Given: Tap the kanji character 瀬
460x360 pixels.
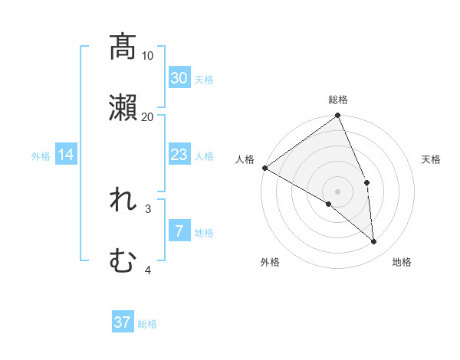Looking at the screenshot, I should [x=123, y=108].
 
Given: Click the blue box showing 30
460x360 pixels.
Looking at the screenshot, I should [x=179, y=78].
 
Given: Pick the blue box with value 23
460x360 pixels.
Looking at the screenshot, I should [x=179, y=155].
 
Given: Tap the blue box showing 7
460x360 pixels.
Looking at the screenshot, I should [x=179, y=231].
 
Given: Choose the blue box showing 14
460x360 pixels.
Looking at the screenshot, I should [x=66, y=155].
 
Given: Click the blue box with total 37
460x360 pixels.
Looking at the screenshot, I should [x=123, y=322].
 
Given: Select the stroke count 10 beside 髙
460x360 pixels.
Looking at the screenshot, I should [x=148, y=56].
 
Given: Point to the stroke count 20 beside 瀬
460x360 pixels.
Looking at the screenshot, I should [x=148, y=117].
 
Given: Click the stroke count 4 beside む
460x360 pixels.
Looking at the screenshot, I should [x=148, y=270].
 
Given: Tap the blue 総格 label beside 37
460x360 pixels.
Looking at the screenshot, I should [x=147, y=324].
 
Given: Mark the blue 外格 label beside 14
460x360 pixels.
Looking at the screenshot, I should [x=41, y=156].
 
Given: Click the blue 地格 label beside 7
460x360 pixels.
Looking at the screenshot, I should [x=204, y=232].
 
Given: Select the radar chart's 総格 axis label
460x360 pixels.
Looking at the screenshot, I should [x=338, y=100].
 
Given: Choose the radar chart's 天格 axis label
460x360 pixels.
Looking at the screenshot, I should [x=432, y=159].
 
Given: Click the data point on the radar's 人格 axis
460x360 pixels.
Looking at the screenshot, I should [x=264, y=168].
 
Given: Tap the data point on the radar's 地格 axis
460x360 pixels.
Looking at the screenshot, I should [x=374, y=241].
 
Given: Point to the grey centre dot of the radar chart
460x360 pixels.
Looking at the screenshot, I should [x=337, y=191].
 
